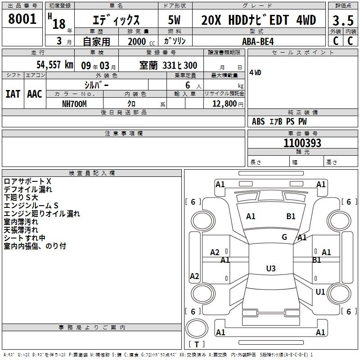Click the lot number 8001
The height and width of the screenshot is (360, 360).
22,19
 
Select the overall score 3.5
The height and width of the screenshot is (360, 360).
342,21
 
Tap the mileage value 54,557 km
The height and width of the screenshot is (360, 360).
49,65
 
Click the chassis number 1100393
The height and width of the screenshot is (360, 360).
302,144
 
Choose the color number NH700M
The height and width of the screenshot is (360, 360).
74,103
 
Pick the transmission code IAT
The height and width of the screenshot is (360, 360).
13,94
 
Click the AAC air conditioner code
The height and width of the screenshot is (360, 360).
35,94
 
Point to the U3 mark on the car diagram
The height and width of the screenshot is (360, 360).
270,269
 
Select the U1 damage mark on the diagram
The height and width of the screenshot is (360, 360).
320,292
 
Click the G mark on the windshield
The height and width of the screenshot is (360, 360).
284,237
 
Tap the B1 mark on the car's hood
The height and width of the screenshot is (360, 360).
291,216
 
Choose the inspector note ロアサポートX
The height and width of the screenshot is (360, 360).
27,181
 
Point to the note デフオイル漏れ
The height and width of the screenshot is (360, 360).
28,189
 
